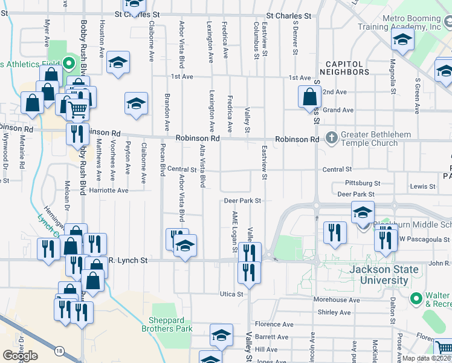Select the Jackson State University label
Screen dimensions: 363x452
[x=384, y=275]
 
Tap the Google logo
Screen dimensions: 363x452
[x=20, y=355]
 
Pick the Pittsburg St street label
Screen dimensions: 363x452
[x=362, y=183]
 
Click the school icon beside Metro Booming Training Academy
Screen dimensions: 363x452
[x=401, y=41]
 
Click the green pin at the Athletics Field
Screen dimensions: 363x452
[x=68, y=63]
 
